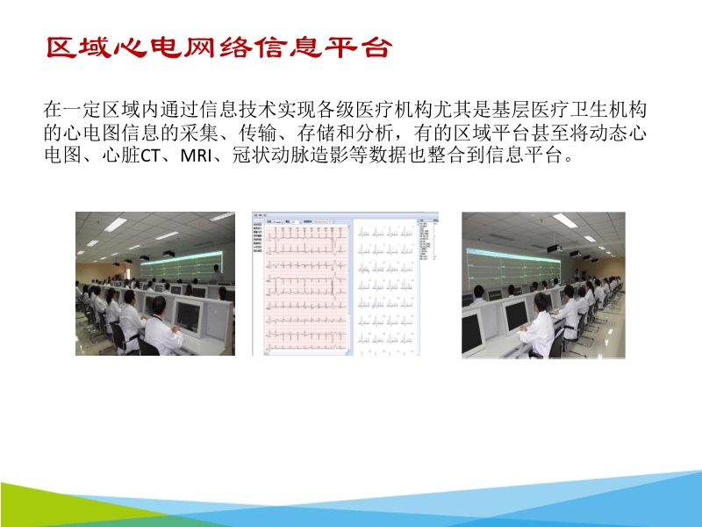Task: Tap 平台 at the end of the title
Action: [x=355, y=47]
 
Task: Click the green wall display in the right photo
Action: [x=518, y=255]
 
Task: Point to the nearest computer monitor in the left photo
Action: [x=189, y=316]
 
